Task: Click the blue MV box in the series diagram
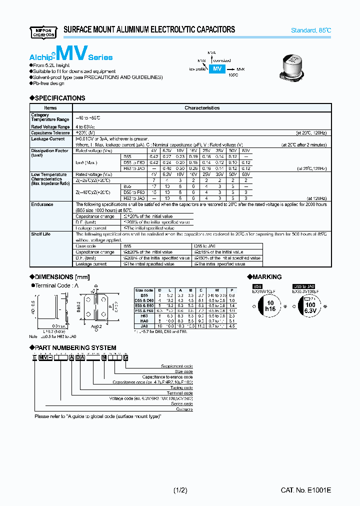(x=217, y=69)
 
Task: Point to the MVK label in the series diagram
(x=240, y=69)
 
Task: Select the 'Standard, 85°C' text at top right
(x=311, y=30)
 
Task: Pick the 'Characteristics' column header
(x=202, y=107)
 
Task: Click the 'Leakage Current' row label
(x=47, y=139)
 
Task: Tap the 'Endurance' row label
(x=42, y=204)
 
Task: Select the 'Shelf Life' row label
(x=40, y=234)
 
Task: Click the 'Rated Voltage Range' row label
(x=50, y=127)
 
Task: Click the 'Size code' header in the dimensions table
(x=144, y=290)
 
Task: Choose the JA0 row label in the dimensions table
(x=144, y=326)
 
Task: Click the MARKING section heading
(x=266, y=277)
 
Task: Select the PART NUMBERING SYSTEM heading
(x=75, y=347)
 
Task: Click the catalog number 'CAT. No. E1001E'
(x=305, y=490)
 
